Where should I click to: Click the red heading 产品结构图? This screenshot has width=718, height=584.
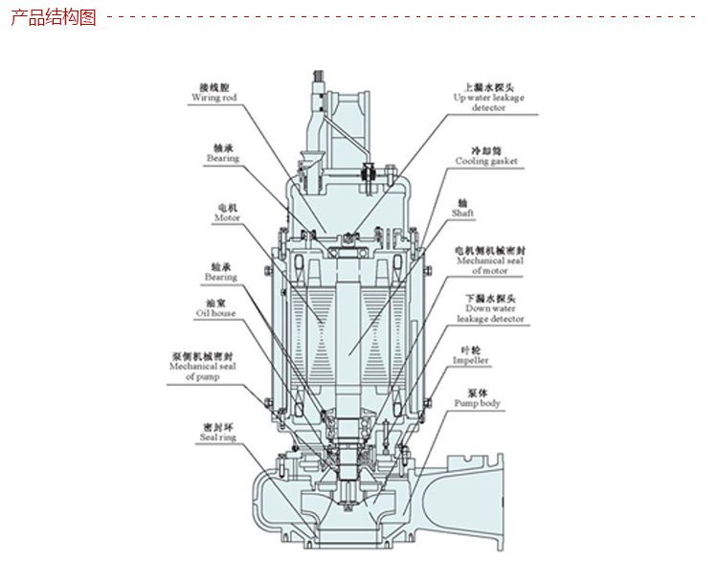click(54, 17)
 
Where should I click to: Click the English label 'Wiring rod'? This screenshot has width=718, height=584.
click(213, 98)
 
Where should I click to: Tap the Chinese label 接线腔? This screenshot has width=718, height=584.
click(214, 86)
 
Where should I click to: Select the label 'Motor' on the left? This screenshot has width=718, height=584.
click(226, 218)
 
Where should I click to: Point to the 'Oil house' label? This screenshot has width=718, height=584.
click(215, 313)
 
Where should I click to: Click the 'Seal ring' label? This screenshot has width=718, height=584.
click(217, 438)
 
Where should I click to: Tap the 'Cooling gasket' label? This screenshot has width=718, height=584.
click(485, 162)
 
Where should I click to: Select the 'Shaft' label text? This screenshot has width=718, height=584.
click(462, 213)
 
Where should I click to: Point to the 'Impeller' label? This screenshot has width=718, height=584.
click(470, 361)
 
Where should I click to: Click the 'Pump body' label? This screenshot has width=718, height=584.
click(477, 404)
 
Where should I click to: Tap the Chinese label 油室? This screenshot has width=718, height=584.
click(215, 302)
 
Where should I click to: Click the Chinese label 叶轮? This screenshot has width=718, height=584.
click(470, 349)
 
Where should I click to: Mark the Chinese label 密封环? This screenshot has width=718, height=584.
click(216, 426)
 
